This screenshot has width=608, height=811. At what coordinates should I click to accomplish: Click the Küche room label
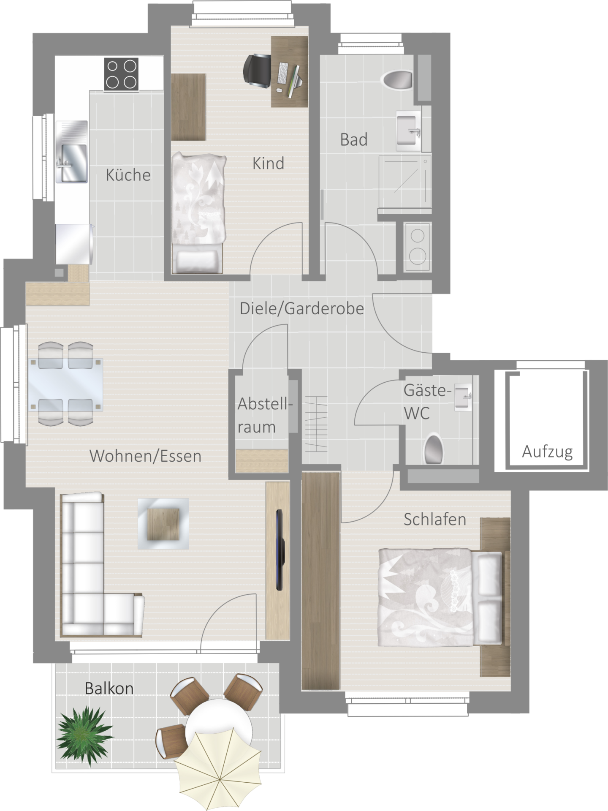click(x=128, y=174)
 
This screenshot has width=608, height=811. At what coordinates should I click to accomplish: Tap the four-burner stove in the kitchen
click(x=122, y=74)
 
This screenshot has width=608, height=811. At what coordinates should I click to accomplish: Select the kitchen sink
click(x=72, y=152)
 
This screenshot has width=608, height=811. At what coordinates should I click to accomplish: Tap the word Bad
click(x=354, y=139)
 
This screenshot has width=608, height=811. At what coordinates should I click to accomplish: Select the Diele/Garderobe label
click(x=301, y=308)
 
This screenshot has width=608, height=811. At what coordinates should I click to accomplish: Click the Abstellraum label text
click(x=264, y=415)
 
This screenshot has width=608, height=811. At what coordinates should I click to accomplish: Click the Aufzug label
click(x=547, y=452)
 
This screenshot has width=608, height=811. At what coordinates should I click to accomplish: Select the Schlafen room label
click(x=435, y=519)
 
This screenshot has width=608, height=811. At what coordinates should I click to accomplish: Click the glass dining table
click(x=66, y=384)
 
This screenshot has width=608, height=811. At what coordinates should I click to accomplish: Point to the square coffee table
click(x=163, y=524)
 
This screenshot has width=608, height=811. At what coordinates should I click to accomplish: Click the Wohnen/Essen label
click(x=145, y=456)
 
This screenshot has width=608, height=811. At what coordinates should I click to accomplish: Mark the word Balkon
click(x=109, y=688)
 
